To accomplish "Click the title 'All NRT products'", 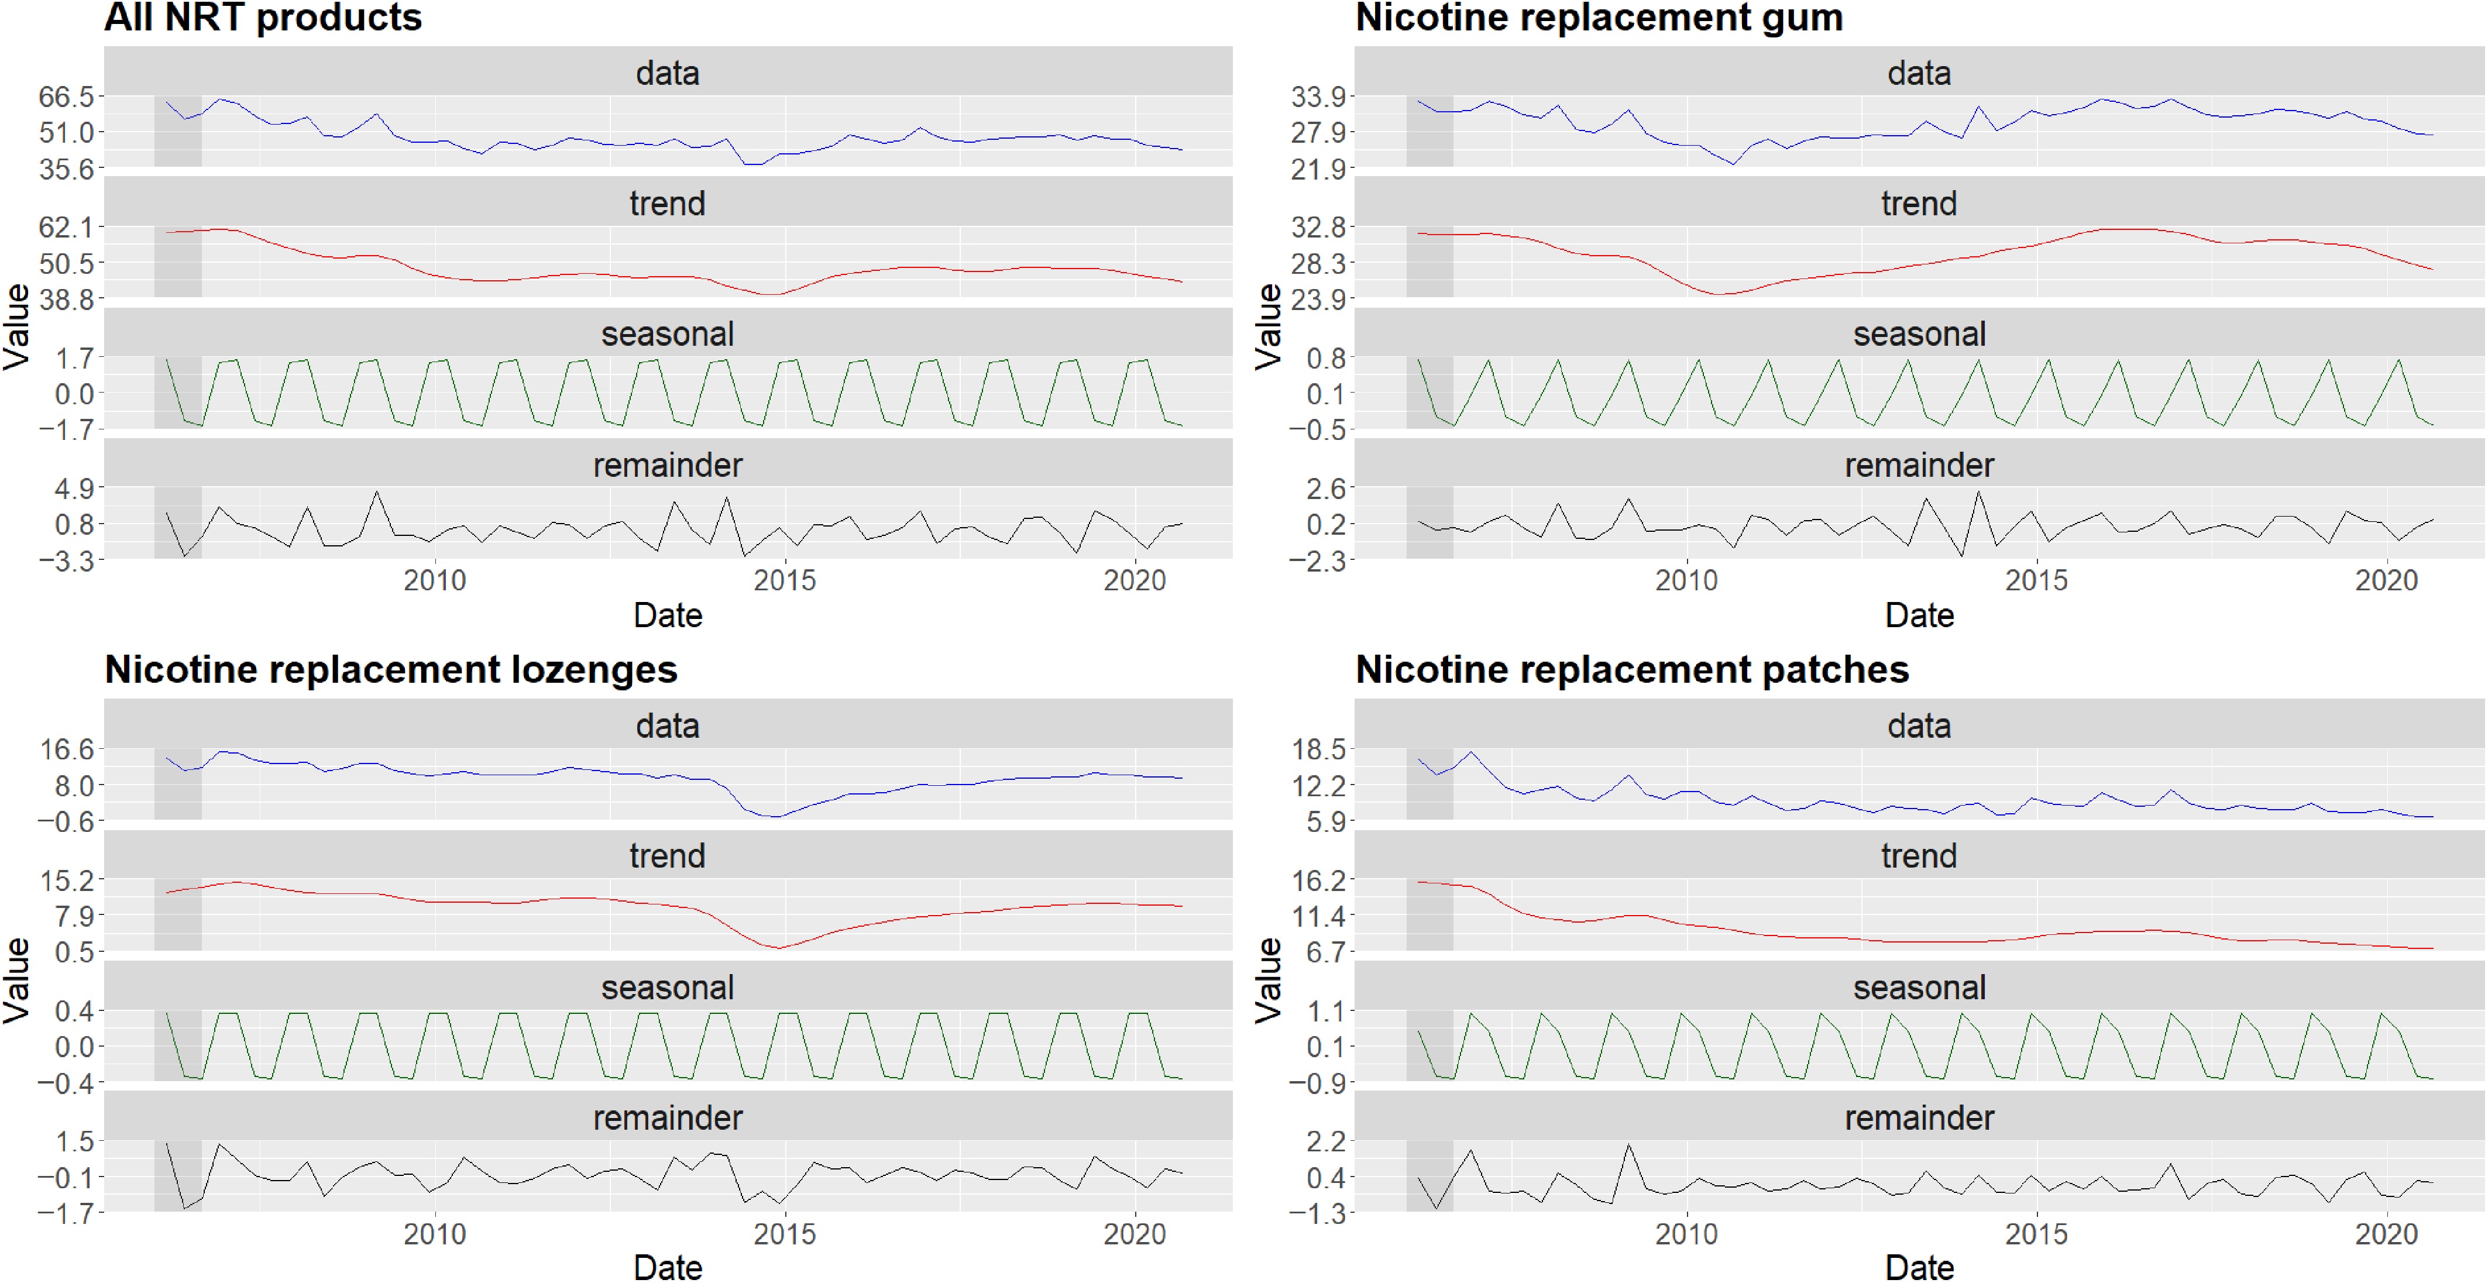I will (263, 18).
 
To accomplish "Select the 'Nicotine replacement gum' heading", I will (1599, 18).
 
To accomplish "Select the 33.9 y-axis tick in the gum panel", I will (1318, 97).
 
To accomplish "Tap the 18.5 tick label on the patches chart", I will (1318, 749).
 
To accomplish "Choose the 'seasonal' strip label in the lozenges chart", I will (668, 988).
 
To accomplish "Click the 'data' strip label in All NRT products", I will (668, 73).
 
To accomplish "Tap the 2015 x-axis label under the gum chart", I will (2036, 580).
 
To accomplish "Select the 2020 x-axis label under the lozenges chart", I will (1135, 1234).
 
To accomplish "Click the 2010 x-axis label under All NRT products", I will (435, 580).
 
